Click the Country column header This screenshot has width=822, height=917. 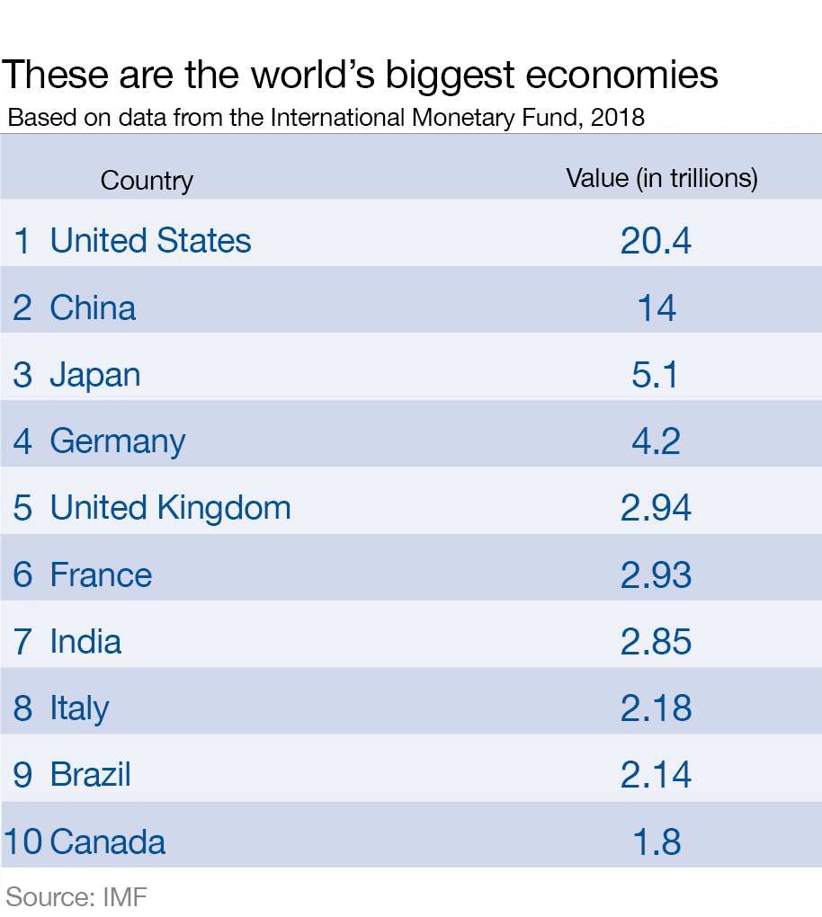pyautogui.click(x=147, y=181)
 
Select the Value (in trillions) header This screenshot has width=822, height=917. pyautogui.click(x=662, y=178)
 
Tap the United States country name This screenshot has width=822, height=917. pyautogui.click(x=150, y=241)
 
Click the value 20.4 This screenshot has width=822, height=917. pyautogui.click(x=656, y=241)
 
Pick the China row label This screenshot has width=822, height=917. pyautogui.click(x=93, y=307)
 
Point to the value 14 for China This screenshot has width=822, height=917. pyautogui.click(x=656, y=308)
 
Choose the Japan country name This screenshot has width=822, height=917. pyautogui.click(x=94, y=375)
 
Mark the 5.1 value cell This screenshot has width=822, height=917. pyautogui.click(x=656, y=375)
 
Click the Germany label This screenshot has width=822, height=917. pyautogui.click(x=117, y=441)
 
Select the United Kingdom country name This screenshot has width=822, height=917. pyautogui.click(x=170, y=508)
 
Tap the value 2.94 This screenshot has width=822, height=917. pyautogui.click(x=656, y=508)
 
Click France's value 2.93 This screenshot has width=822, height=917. pyautogui.click(x=656, y=575)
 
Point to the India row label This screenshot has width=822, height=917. pyautogui.click(x=85, y=642)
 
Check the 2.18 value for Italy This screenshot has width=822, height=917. pyautogui.click(x=656, y=708)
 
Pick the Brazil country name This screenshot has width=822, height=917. pyautogui.click(x=90, y=775)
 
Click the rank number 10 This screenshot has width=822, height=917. pyautogui.click(x=23, y=842)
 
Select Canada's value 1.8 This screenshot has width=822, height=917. pyautogui.click(x=656, y=842)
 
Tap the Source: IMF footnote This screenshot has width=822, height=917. pyautogui.click(x=76, y=896)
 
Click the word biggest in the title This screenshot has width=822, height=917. pyautogui.click(x=450, y=76)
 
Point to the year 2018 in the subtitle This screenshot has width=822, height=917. pyautogui.click(x=618, y=118)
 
